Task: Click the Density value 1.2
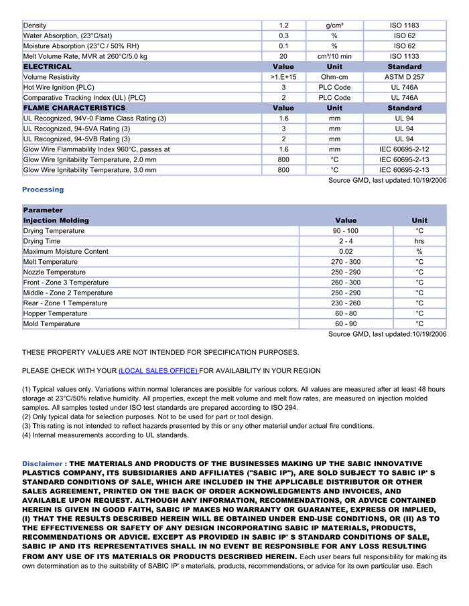pos(283,25)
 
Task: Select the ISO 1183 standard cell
pos(404,25)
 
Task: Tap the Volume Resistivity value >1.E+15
pos(283,77)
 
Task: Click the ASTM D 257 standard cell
pos(404,77)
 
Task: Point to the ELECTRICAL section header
pos(48,67)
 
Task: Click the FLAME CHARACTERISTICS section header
pos(74,108)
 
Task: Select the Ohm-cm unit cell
pos(334,77)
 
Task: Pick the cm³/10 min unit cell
pos(334,56)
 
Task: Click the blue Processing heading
pos(43,190)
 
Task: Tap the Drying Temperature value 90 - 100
pos(346,231)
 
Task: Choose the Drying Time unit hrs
pos(419,241)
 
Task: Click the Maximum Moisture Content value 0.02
pos(346,252)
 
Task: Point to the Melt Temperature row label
pos(50,262)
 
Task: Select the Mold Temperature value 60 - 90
pos(346,324)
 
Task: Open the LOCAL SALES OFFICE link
pos(158,371)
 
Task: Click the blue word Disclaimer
pos(42,463)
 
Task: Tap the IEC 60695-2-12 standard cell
pos(404,149)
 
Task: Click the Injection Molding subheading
pos(56,220)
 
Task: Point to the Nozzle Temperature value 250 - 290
pos(346,273)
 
